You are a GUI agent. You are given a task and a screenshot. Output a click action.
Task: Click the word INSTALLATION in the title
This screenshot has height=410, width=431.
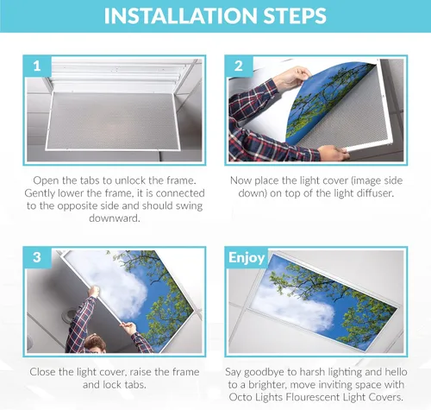click(x=181, y=16)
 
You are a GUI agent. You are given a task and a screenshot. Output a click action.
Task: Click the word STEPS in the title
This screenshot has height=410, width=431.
click(x=295, y=16)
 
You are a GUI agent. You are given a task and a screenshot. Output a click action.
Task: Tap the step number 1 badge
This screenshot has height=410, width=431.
click(x=37, y=66)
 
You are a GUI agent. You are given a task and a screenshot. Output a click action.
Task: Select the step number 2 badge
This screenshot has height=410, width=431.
click(x=239, y=66)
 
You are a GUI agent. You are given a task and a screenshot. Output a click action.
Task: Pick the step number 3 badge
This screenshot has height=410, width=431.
click(x=37, y=257)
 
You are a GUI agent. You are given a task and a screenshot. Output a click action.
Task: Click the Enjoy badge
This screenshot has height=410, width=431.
click(x=247, y=258)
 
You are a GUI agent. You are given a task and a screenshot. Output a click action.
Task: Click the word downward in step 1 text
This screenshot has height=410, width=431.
click(x=115, y=218)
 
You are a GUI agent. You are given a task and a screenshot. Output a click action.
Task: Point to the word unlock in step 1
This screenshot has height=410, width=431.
click(x=130, y=180)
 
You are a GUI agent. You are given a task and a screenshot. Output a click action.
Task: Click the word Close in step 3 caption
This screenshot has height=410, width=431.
click(x=43, y=372)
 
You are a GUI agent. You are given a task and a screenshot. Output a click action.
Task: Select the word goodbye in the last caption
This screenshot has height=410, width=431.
click(x=265, y=372)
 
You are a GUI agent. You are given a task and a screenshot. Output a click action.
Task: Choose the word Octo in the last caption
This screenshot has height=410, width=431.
click(x=240, y=397)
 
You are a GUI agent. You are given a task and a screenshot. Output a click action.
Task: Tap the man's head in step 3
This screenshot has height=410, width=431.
click(x=94, y=343)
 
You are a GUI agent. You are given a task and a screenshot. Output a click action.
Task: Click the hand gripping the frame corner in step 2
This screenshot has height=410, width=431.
click(x=334, y=153)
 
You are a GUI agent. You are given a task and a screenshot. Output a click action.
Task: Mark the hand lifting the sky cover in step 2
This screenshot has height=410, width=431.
click(x=291, y=78)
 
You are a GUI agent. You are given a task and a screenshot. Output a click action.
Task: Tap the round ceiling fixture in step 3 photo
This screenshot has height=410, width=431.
click(x=69, y=315)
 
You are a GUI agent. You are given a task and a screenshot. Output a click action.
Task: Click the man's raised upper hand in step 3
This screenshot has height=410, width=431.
click(x=94, y=292)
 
